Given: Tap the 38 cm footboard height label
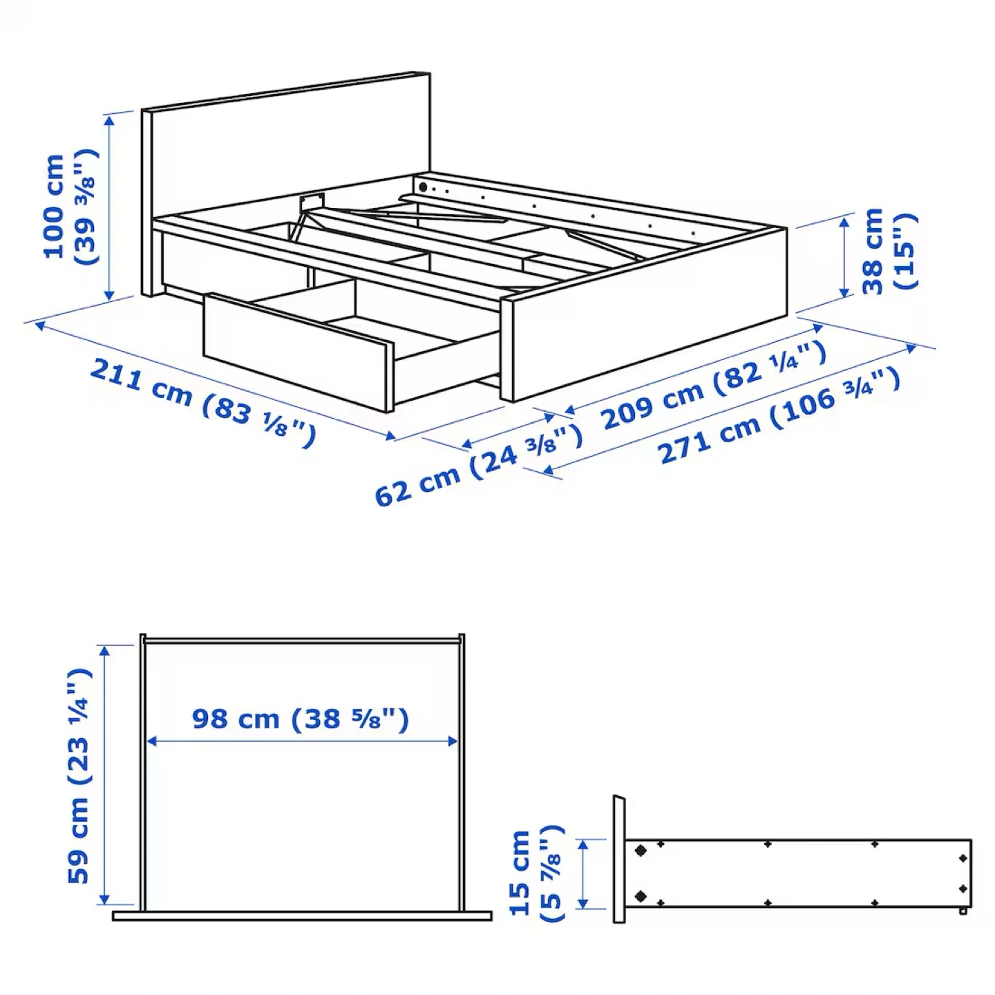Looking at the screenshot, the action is click(890, 251).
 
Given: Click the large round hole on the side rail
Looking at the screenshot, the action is click(423, 187).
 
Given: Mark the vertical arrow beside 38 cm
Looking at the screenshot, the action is click(844, 256).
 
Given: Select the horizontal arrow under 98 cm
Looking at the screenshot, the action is click(302, 741).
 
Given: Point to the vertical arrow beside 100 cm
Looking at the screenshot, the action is click(109, 207).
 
